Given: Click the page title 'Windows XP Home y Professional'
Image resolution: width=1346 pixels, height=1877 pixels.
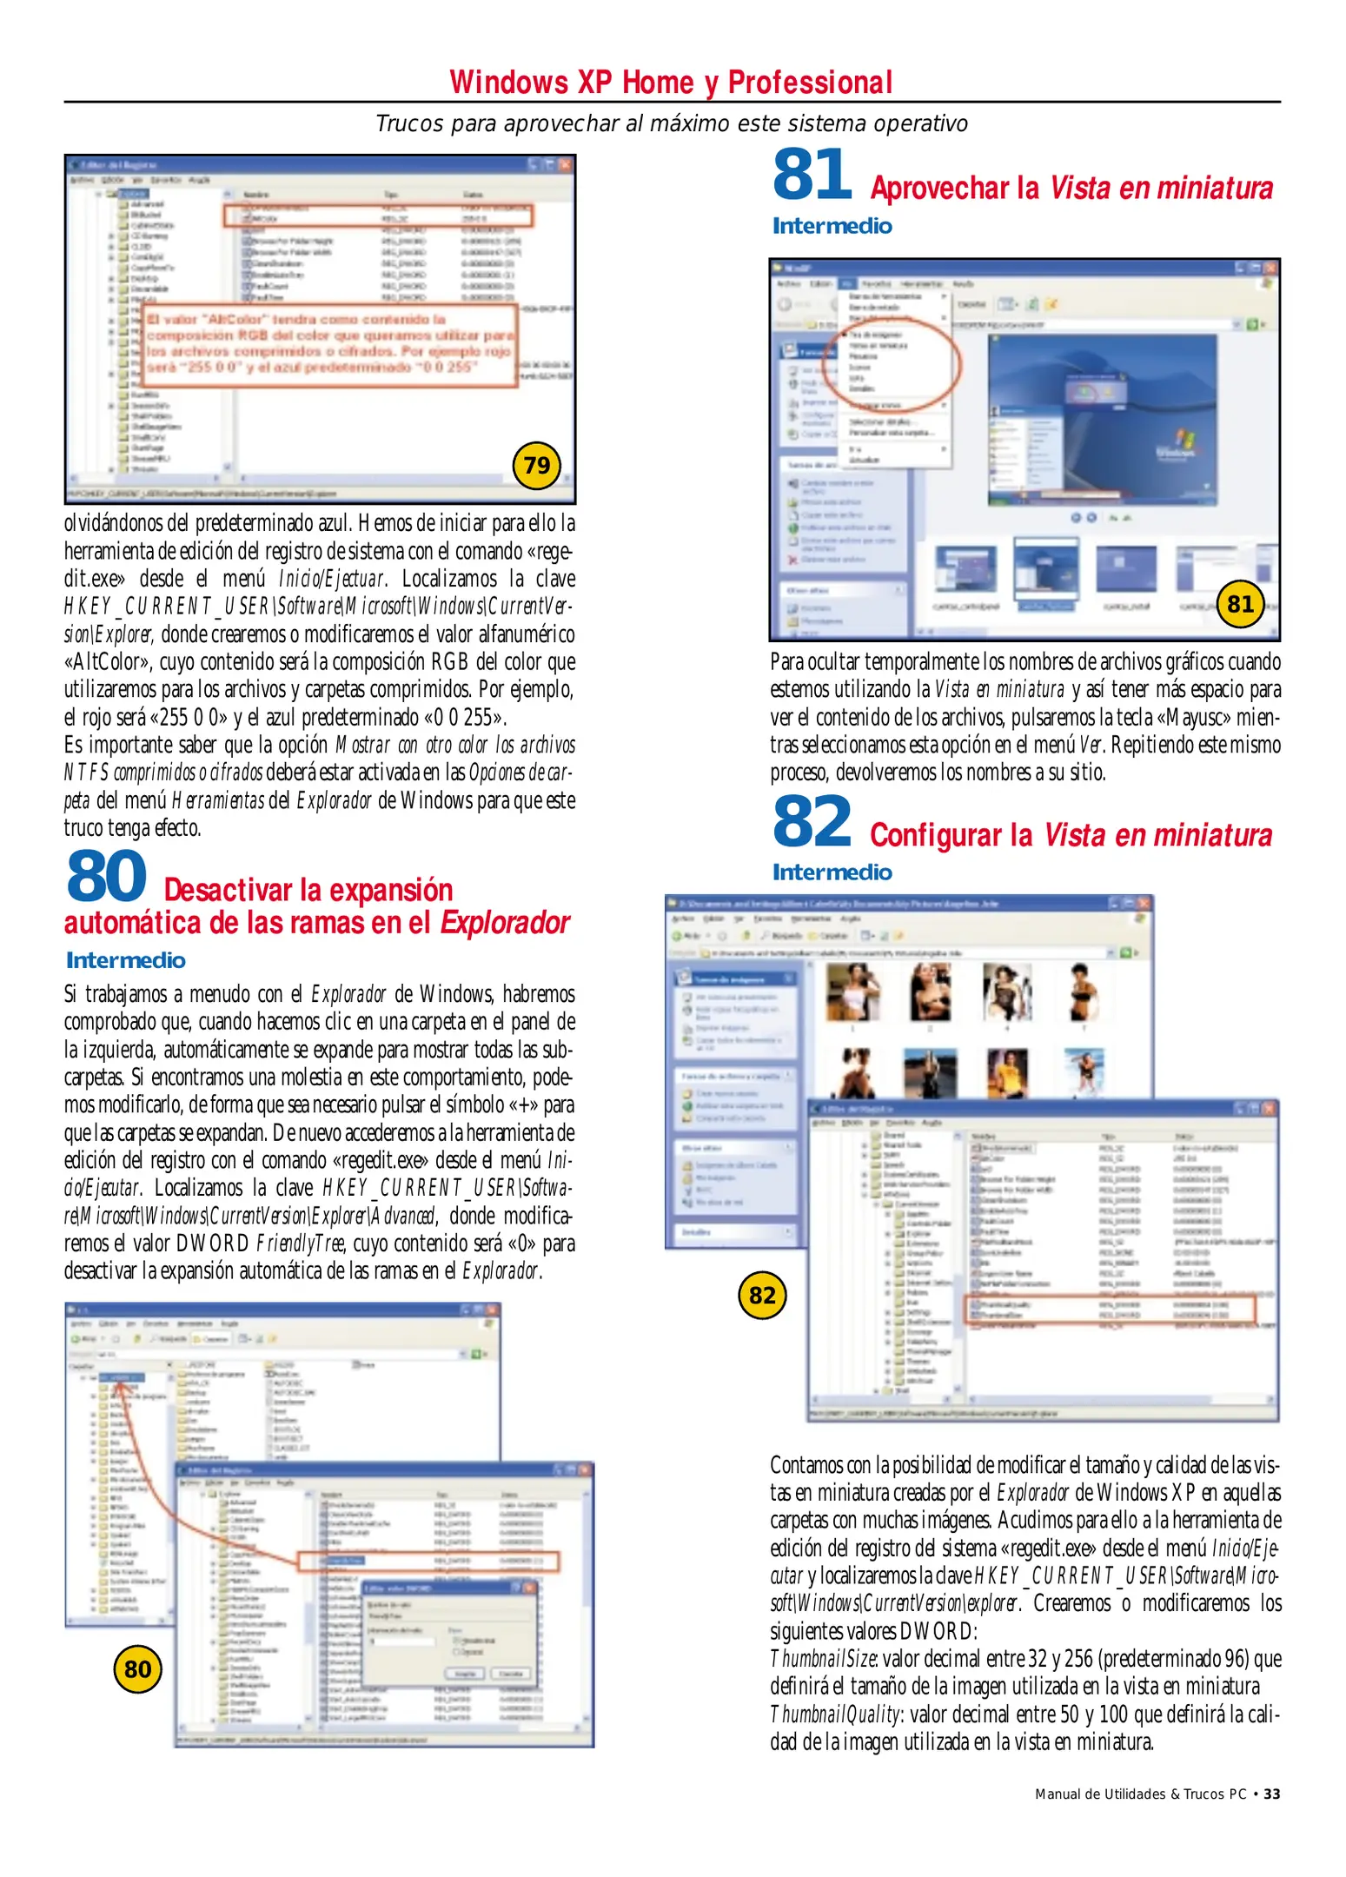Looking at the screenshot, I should [x=671, y=83].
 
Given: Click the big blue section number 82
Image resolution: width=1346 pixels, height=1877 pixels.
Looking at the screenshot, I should [x=812, y=821].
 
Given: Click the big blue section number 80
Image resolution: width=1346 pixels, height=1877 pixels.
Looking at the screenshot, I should [x=106, y=876].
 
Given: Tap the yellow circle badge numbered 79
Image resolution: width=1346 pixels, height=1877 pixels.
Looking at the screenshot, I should [x=536, y=466].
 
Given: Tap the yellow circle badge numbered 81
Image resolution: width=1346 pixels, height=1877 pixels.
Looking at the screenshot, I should [x=1240, y=603].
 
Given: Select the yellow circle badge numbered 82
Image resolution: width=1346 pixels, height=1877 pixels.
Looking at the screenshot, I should [x=762, y=1296].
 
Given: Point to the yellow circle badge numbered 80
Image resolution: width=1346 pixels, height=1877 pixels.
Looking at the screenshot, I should [x=137, y=1669].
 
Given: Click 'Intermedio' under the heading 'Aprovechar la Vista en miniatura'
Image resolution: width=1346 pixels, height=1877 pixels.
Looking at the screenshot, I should [x=832, y=226].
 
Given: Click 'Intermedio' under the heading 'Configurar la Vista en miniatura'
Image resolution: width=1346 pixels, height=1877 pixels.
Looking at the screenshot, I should [x=832, y=872].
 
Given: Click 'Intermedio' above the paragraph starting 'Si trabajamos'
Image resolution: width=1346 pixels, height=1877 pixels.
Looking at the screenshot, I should [x=125, y=960].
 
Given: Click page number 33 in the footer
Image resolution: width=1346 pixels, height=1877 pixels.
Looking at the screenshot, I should [x=1271, y=1794].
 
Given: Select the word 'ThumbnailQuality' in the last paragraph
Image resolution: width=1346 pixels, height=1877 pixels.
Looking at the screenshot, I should [x=834, y=1715].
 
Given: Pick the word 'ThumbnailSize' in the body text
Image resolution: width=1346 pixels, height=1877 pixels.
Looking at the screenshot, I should [x=822, y=1659].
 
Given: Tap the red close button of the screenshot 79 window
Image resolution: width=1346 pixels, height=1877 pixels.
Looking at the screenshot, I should [x=565, y=164].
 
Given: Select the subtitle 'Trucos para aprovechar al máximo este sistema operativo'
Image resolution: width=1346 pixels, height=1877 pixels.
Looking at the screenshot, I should [x=671, y=123].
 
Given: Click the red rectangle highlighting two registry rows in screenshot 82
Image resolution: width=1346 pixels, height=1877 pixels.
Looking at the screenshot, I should [x=1110, y=1310].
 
